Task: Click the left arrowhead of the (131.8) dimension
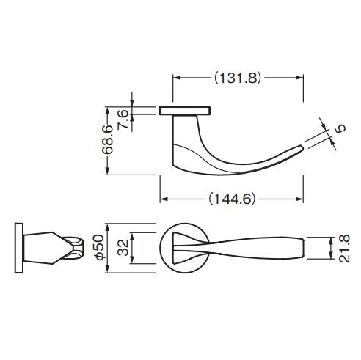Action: (x=176, y=77)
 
